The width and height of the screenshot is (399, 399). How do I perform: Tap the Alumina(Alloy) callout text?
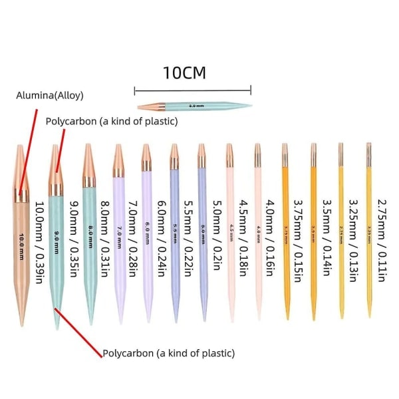coord(50,95)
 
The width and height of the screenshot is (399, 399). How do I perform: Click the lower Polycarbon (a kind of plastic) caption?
coord(168,353)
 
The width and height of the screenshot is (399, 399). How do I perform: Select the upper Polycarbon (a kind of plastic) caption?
coord(112,121)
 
